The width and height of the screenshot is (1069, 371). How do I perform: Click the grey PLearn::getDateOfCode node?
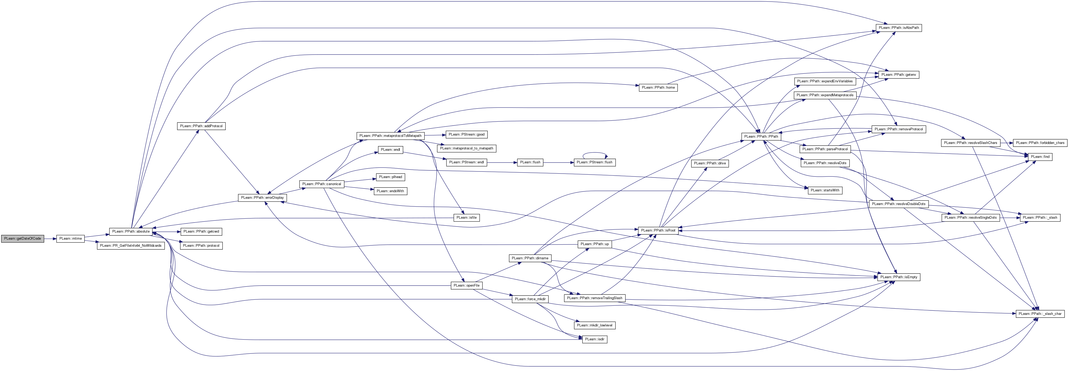coord(23,239)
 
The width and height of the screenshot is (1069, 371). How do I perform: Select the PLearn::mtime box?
coord(70,239)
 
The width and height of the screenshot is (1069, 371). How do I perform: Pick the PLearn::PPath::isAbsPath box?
coord(899,28)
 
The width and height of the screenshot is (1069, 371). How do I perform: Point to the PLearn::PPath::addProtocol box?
coord(201,126)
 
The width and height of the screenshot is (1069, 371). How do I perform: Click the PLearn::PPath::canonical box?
coord(322,184)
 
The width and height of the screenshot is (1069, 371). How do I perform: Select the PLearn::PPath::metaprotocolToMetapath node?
coord(390,136)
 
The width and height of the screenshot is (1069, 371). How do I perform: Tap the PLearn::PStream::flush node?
coord(594,162)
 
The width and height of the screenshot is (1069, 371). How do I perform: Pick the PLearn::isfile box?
coord(467,218)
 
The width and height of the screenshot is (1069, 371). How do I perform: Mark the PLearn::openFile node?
coord(467,286)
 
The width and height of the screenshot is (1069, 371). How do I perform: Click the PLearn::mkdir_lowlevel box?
coord(595,325)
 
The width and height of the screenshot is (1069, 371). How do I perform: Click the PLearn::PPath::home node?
coord(658,88)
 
